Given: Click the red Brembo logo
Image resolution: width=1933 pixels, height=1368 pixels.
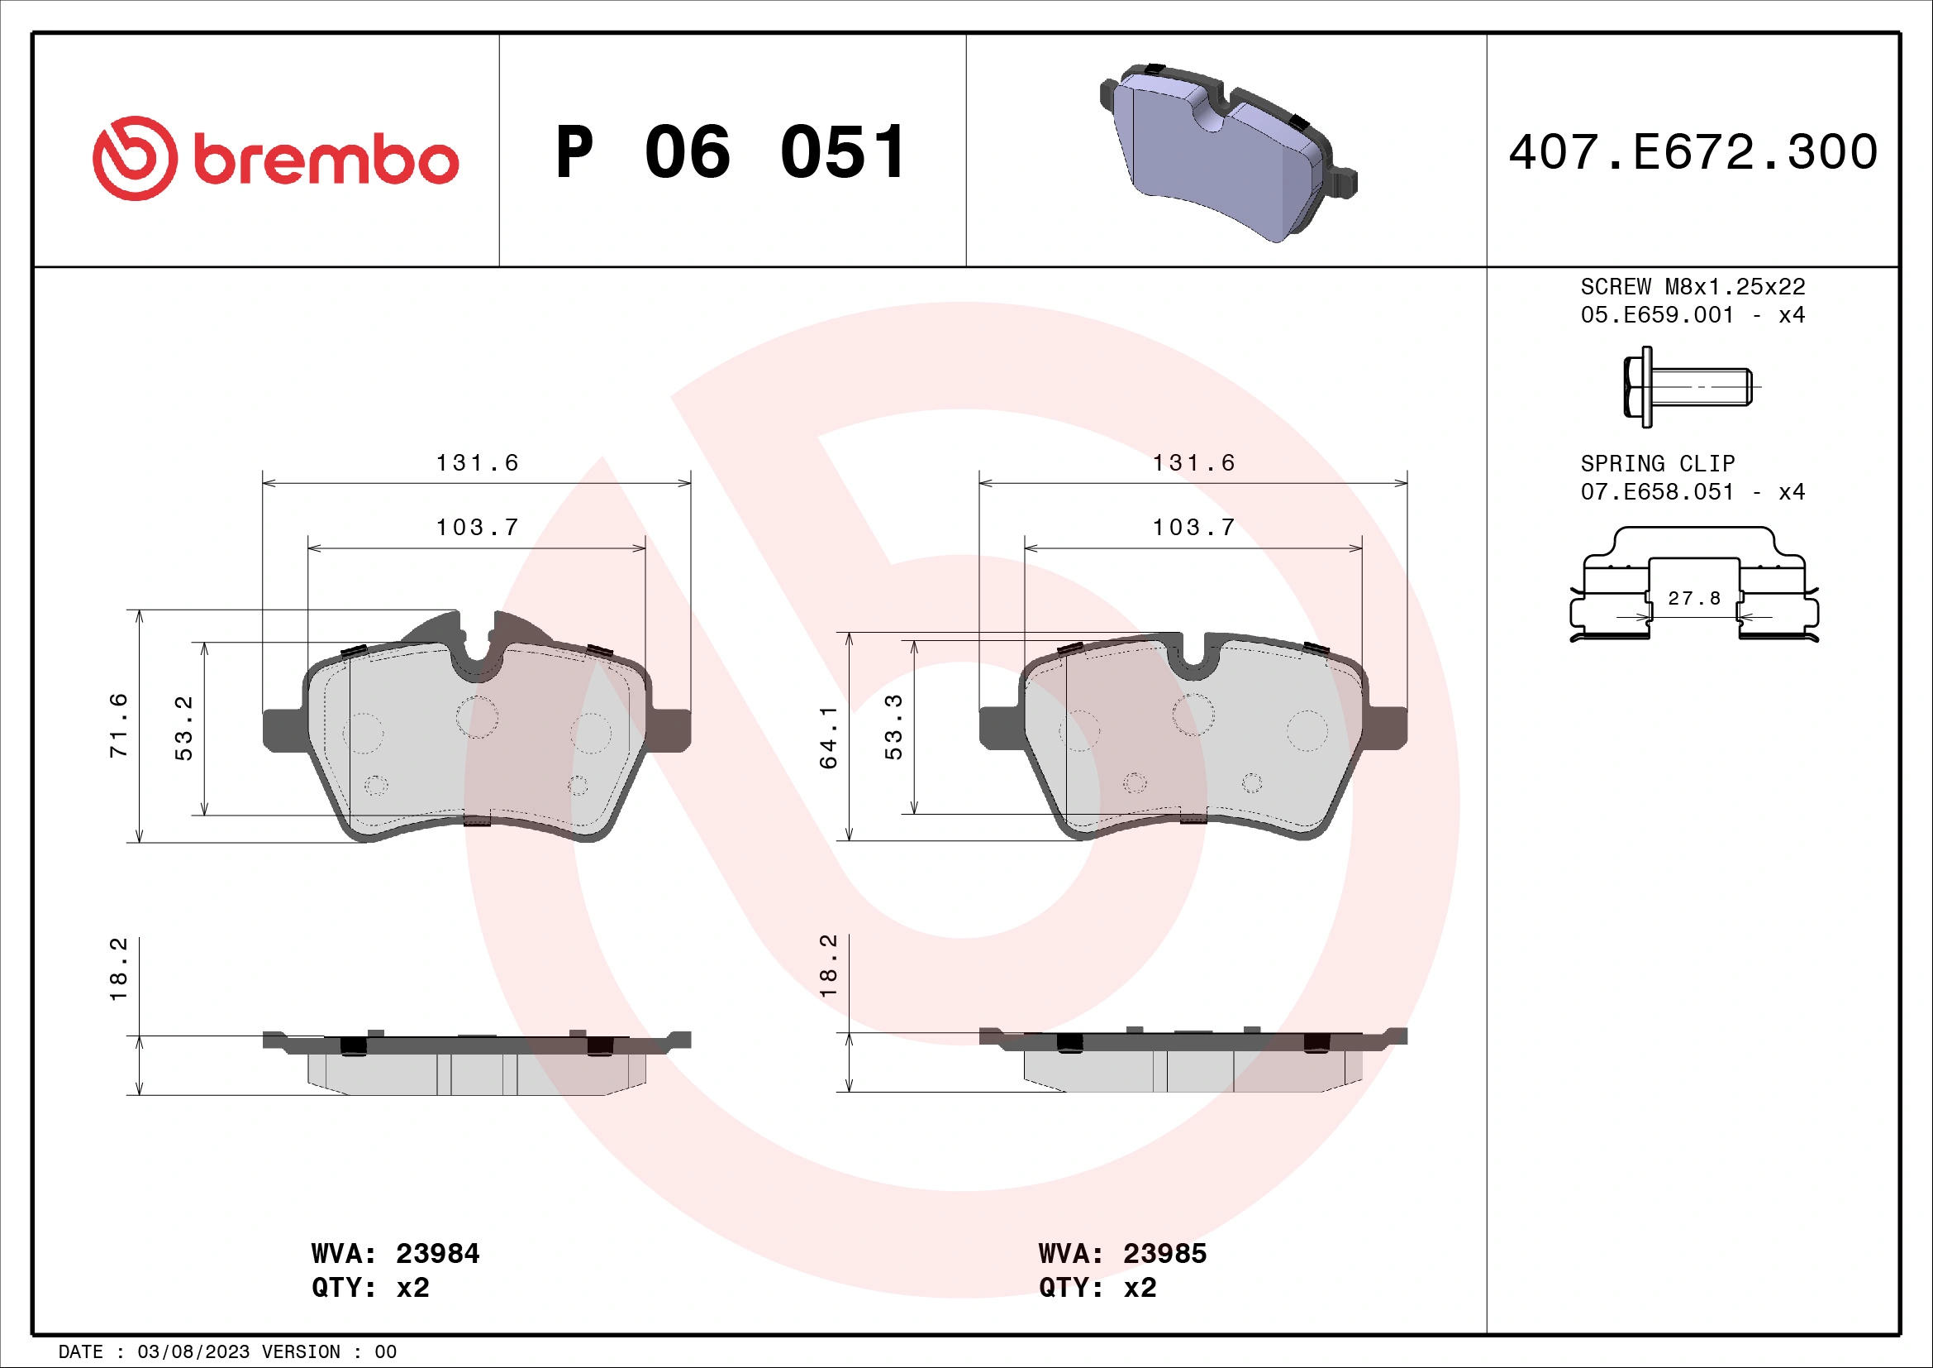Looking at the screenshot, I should coord(274,158).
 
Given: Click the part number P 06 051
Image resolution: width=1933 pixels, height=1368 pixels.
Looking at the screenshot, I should coord(731,152).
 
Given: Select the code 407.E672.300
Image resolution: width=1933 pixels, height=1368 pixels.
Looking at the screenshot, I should coord(1693,152).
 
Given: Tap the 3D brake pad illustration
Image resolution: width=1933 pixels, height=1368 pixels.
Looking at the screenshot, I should coord(1228,151).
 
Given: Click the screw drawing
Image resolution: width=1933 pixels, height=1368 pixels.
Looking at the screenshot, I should coord(1688,386).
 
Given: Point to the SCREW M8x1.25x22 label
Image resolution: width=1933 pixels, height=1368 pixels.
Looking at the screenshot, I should coord(1693,286).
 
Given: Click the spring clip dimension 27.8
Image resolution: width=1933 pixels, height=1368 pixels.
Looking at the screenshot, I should coord(1694,598).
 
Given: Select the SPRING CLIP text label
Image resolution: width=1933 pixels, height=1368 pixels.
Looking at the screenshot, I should coord(1657,463).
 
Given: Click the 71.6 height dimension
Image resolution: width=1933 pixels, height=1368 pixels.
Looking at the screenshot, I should coord(119,725).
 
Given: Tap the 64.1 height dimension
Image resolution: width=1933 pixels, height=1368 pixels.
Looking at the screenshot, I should coord(828,737).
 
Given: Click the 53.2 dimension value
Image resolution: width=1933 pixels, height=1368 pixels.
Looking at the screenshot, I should coord(183,728).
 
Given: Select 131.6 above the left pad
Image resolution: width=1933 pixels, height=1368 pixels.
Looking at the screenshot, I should coord(477,462).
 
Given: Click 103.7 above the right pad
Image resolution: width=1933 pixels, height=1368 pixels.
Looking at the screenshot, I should coord(1193,528).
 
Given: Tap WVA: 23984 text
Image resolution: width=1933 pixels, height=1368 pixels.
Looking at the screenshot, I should coord(395,1253).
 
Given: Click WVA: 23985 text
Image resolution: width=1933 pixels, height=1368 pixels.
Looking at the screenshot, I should coord(1122,1253).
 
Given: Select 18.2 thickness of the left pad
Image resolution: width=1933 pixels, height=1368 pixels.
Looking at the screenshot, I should coord(119,969).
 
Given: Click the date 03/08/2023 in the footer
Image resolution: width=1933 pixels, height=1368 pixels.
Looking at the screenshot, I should coord(193,1352).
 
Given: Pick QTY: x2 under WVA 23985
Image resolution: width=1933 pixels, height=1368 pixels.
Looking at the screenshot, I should coord(1097,1288).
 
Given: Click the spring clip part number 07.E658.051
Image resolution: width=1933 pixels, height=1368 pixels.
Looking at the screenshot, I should coord(1656,492).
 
